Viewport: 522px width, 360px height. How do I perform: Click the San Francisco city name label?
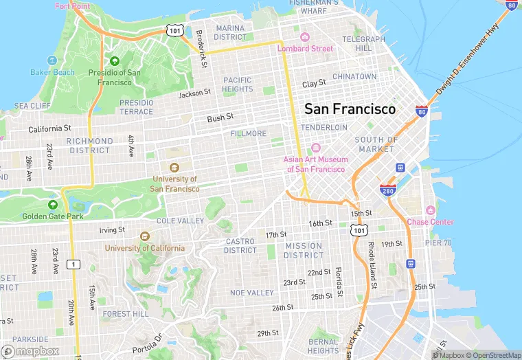350,109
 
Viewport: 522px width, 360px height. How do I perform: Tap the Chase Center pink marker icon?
431,210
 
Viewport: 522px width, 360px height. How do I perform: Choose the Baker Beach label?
52,72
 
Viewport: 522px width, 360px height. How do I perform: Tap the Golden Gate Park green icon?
53,205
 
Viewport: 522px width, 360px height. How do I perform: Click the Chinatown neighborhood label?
354,76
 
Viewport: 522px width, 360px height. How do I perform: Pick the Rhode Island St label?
371,265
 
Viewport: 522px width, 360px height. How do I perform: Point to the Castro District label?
240,246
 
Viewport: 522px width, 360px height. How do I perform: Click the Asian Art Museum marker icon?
316,148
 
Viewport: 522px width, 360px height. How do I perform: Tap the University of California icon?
144,236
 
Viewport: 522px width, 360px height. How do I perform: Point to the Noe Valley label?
251,293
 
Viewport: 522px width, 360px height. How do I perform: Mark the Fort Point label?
72,6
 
